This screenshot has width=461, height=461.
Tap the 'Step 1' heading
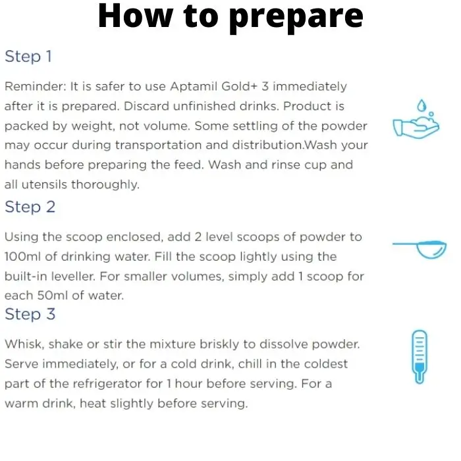pyautogui.click(x=28, y=57)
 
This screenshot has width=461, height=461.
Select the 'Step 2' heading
pyautogui.click(x=30, y=207)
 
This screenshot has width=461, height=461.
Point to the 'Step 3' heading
pyautogui.click(x=30, y=314)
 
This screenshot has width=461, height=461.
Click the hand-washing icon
pyautogui.click(x=416, y=119)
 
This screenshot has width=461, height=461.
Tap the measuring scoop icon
pyautogui.click(x=420, y=250)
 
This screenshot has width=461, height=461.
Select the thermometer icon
pyautogui.click(x=420, y=357)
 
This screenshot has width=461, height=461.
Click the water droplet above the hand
pyautogui.click(x=422, y=105)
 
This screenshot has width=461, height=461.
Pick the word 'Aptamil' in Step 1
pyautogui.click(x=194, y=87)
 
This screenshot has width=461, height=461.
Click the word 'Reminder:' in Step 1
pyautogui.click(x=36, y=86)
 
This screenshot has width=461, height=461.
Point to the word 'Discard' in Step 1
pyautogui.click(x=146, y=106)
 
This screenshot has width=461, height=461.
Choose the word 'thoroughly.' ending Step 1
pyautogui.click(x=105, y=184)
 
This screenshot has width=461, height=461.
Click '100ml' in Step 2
pyautogui.click(x=23, y=257)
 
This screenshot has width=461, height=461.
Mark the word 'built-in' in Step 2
pyautogui.click(x=26, y=277)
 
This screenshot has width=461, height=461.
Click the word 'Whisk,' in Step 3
pyautogui.click(x=24, y=344)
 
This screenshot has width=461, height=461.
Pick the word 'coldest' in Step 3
pyautogui.click(x=326, y=364)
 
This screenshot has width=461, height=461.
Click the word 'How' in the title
pyautogui.click(x=136, y=16)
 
